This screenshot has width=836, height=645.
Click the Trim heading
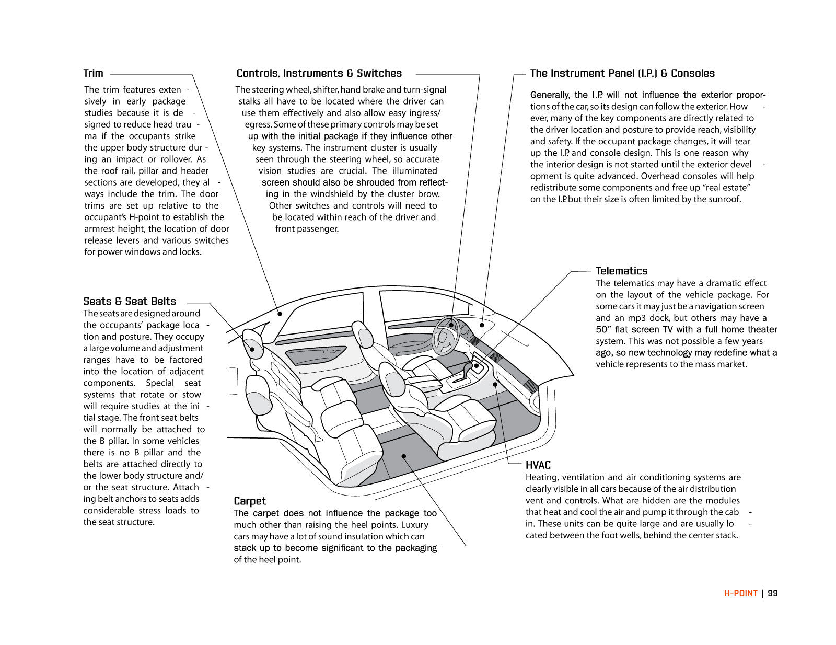pyautogui.click(x=94, y=73)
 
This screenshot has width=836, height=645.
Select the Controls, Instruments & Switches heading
pyautogui.click(x=319, y=73)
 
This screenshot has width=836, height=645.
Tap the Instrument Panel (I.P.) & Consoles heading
pyautogui.click(x=622, y=73)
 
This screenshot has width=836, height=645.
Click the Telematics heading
pyautogui.click(x=621, y=271)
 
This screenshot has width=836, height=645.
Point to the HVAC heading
pyautogui.click(x=538, y=465)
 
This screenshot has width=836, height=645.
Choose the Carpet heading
pyautogui.click(x=250, y=501)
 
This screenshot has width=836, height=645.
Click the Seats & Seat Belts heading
pyautogui.click(x=130, y=301)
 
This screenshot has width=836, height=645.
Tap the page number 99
pyautogui.click(x=773, y=593)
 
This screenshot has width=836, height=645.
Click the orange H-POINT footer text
pyautogui.click(x=740, y=593)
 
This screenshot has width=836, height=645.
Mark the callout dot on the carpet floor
pyautogui.click(x=404, y=456)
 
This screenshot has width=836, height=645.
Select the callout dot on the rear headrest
pyautogui.click(x=252, y=349)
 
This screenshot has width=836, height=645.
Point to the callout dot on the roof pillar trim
pyautogui.click(x=280, y=314)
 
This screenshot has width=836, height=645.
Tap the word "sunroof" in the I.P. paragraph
pyautogui.click(x=725, y=199)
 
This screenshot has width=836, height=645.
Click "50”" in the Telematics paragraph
pyautogui.click(x=603, y=329)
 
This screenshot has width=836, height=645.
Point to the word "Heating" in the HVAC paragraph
pyautogui.click(x=541, y=477)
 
